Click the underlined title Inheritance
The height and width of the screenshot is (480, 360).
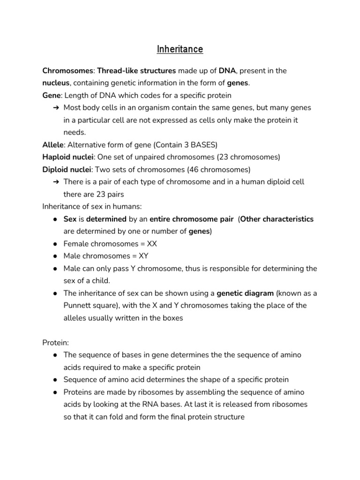[x=180, y=49]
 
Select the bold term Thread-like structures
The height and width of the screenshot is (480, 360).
[x=136, y=71]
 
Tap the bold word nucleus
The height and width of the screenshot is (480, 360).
[x=56, y=83]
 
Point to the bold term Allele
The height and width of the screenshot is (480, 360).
[x=52, y=145]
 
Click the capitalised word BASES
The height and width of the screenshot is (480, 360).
[x=205, y=145]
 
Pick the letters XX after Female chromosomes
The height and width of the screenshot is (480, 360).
[x=152, y=244]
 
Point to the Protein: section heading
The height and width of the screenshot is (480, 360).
[x=56, y=343]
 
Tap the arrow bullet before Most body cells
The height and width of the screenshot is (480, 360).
[x=56, y=108]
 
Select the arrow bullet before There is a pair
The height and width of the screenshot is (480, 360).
[x=56, y=182]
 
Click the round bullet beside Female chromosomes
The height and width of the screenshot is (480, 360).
[x=55, y=244]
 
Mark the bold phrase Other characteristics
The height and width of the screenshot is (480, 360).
[x=277, y=219]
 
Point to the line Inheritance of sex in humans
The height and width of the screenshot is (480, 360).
[x=92, y=206]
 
